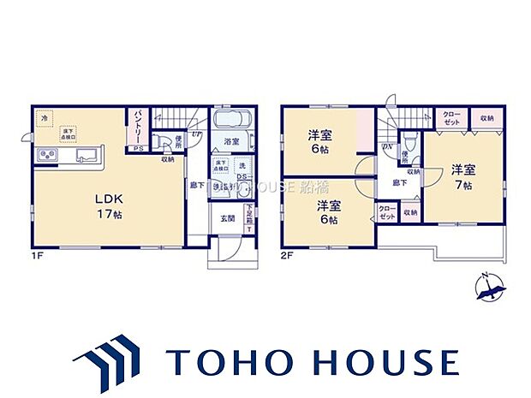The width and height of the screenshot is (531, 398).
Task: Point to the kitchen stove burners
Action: point(46,156)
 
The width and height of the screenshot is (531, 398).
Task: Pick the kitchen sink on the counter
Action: point(87,156)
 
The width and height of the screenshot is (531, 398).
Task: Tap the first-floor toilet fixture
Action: point(164,142)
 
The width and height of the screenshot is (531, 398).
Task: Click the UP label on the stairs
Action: point(196,133)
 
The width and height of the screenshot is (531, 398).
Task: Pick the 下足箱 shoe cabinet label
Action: point(249,215)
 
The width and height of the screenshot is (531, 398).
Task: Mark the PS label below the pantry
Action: point(136,149)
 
